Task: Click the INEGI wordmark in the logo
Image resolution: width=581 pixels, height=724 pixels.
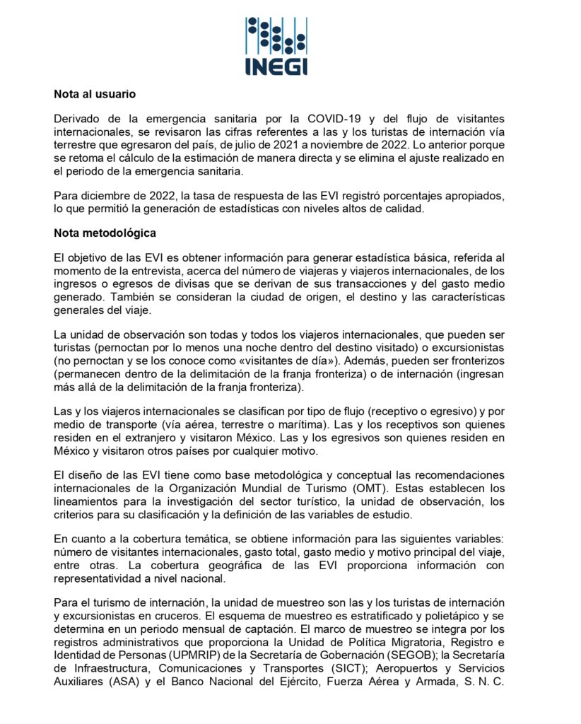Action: click(276, 65)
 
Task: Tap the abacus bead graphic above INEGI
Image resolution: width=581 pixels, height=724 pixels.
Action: click(276, 35)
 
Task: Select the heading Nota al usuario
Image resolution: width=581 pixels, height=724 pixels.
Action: click(95, 93)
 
